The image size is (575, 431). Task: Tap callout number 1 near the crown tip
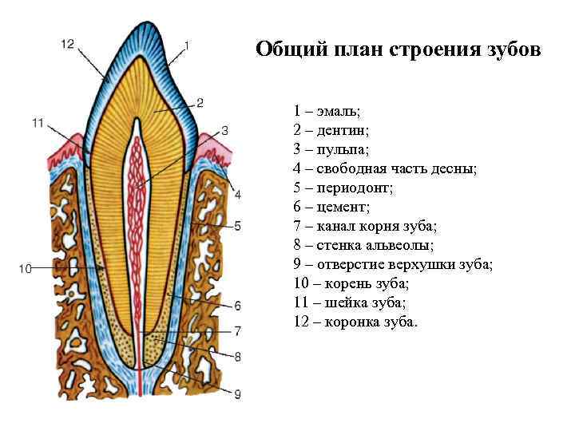(x=186, y=45)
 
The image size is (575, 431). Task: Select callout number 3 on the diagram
(x=224, y=130)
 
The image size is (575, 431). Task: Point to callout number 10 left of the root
(x=24, y=269)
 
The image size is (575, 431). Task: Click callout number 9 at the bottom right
(x=237, y=393)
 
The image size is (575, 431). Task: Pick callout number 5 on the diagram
(x=237, y=227)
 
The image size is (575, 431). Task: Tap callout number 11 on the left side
(x=38, y=122)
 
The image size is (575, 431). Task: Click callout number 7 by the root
(x=237, y=330)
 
